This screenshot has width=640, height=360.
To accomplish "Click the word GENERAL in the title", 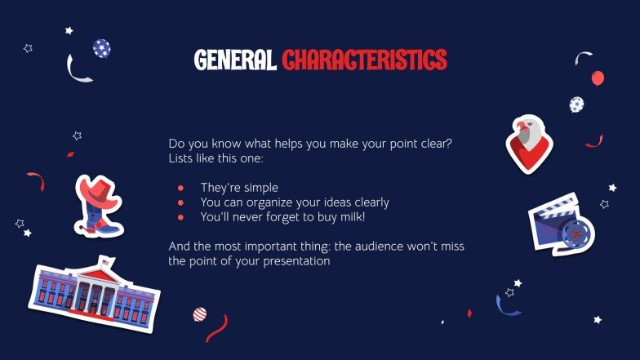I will pos(235,60).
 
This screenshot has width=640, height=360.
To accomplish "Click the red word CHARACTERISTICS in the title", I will pos(364,60).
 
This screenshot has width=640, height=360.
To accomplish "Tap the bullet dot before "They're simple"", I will pos(180,188).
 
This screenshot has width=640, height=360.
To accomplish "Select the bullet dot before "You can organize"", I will pos(180,202).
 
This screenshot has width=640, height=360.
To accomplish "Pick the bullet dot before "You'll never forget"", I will pos(180,217).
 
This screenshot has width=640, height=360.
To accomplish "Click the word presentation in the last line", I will pos(288,261).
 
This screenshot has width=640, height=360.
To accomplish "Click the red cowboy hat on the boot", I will pos(96,193).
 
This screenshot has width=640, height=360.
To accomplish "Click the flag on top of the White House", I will pos(104,262).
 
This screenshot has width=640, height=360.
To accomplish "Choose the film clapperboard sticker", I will pos(561,224).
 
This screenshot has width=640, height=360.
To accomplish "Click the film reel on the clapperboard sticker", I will pos(577,233).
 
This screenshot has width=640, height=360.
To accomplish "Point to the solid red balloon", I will pos(598,78).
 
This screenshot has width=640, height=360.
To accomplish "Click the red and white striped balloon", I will pos(199,313).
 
